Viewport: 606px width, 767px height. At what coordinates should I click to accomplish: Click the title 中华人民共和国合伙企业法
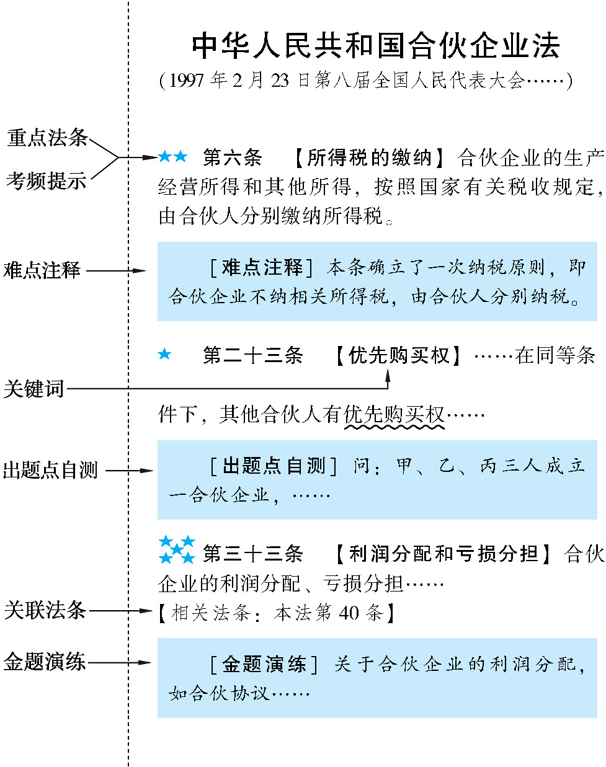tap(375, 46)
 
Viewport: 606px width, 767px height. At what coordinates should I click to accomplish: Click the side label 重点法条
tap(47, 138)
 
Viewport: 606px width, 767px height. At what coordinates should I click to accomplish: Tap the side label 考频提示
tap(47, 180)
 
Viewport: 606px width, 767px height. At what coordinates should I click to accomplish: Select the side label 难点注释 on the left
tap(42, 270)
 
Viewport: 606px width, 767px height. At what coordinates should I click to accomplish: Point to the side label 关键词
tap(34, 389)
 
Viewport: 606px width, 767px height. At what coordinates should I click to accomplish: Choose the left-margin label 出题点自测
tap(50, 470)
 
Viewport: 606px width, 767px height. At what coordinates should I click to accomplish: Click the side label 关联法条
tap(45, 610)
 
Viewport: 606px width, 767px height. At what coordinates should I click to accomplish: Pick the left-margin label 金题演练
tap(45, 662)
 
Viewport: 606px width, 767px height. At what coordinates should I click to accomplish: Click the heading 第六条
tap(233, 157)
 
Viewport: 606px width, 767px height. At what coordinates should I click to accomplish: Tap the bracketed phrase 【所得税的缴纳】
tap(369, 157)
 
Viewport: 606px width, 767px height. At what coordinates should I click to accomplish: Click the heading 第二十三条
tap(253, 355)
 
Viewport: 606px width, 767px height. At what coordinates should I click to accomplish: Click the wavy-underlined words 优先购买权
tap(394, 414)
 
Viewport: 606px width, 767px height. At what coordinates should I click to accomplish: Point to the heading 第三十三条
tap(253, 553)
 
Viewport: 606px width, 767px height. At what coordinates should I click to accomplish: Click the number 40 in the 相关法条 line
tap(349, 613)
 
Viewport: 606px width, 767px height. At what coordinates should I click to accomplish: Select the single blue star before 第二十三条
tap(164, 354)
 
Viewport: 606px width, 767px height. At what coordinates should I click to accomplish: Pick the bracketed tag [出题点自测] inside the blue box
tap(273, 466)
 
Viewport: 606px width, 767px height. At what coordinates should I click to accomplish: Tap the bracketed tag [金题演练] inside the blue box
tap(264, 664)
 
